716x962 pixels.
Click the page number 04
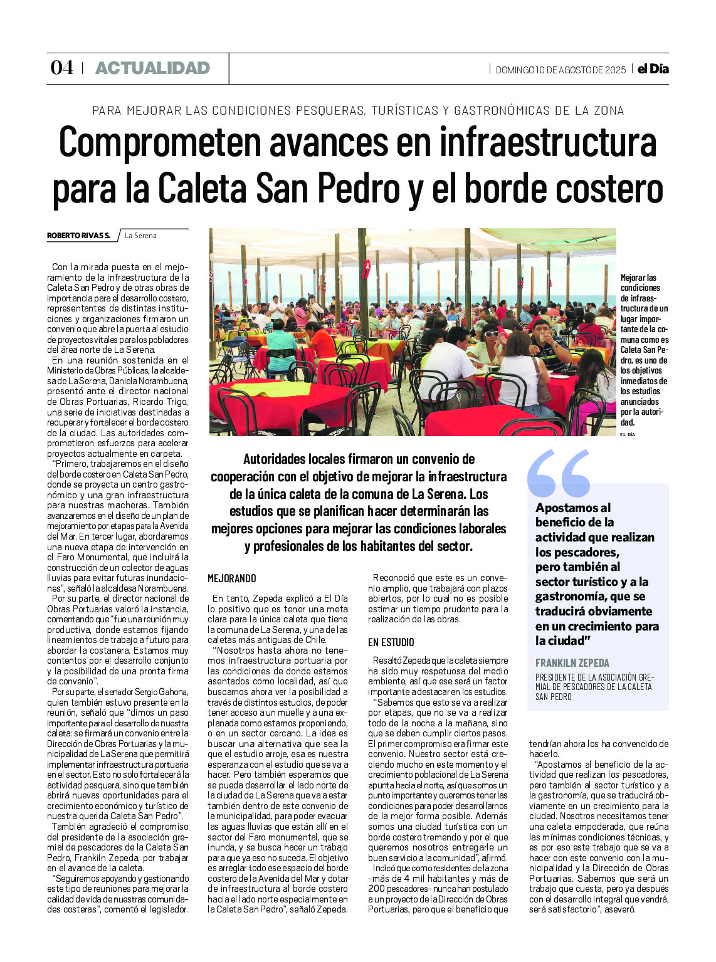(x=61, y=68)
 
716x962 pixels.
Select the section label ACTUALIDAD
(x=152, y=68)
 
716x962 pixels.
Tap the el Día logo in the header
(x=653, y=69)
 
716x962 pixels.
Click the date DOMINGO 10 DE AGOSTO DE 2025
(x=561, y=70)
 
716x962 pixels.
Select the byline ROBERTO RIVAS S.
(x=78, y=236)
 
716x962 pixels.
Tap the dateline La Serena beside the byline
(x=140, y=236)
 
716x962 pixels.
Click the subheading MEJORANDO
(x=232, y=578)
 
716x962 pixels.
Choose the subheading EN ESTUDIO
(x=391, y=642)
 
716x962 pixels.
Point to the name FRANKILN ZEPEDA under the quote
(x=572, y=663)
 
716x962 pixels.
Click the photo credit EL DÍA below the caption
(x=626, y=434)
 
